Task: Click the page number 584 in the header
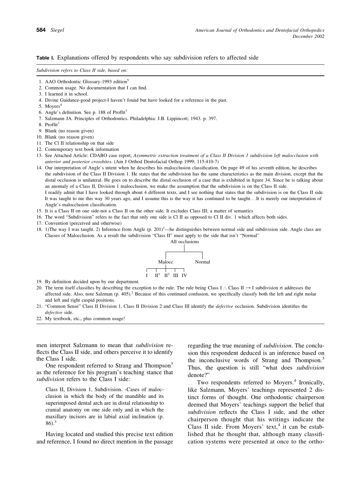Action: pyautogui.click(x=41, y=30)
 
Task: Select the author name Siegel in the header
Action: pyautogui.click(x=57, y=30)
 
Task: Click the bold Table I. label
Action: pyautogui.click(x=45, y=58)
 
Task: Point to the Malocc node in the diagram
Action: pyautogui.click(x=166, y=262)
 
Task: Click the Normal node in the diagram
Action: pyautogui.click(x=202, y=262)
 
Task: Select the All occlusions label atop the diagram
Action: pyautogui.click(x=185, y=242)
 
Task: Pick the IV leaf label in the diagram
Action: pyautogui.click(x=184, y=275)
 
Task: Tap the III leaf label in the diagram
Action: pyautogui.click(x=176, y=275)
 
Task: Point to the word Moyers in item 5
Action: pyautogui.click(x=52, y=107)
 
